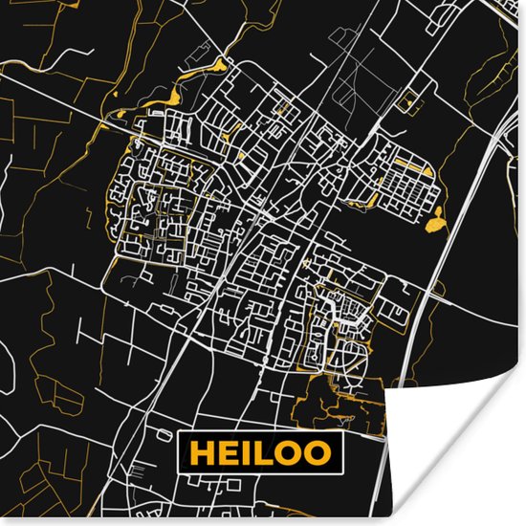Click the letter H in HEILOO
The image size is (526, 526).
(x=202, y=451)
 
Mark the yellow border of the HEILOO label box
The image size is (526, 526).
(x=261, y=432)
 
